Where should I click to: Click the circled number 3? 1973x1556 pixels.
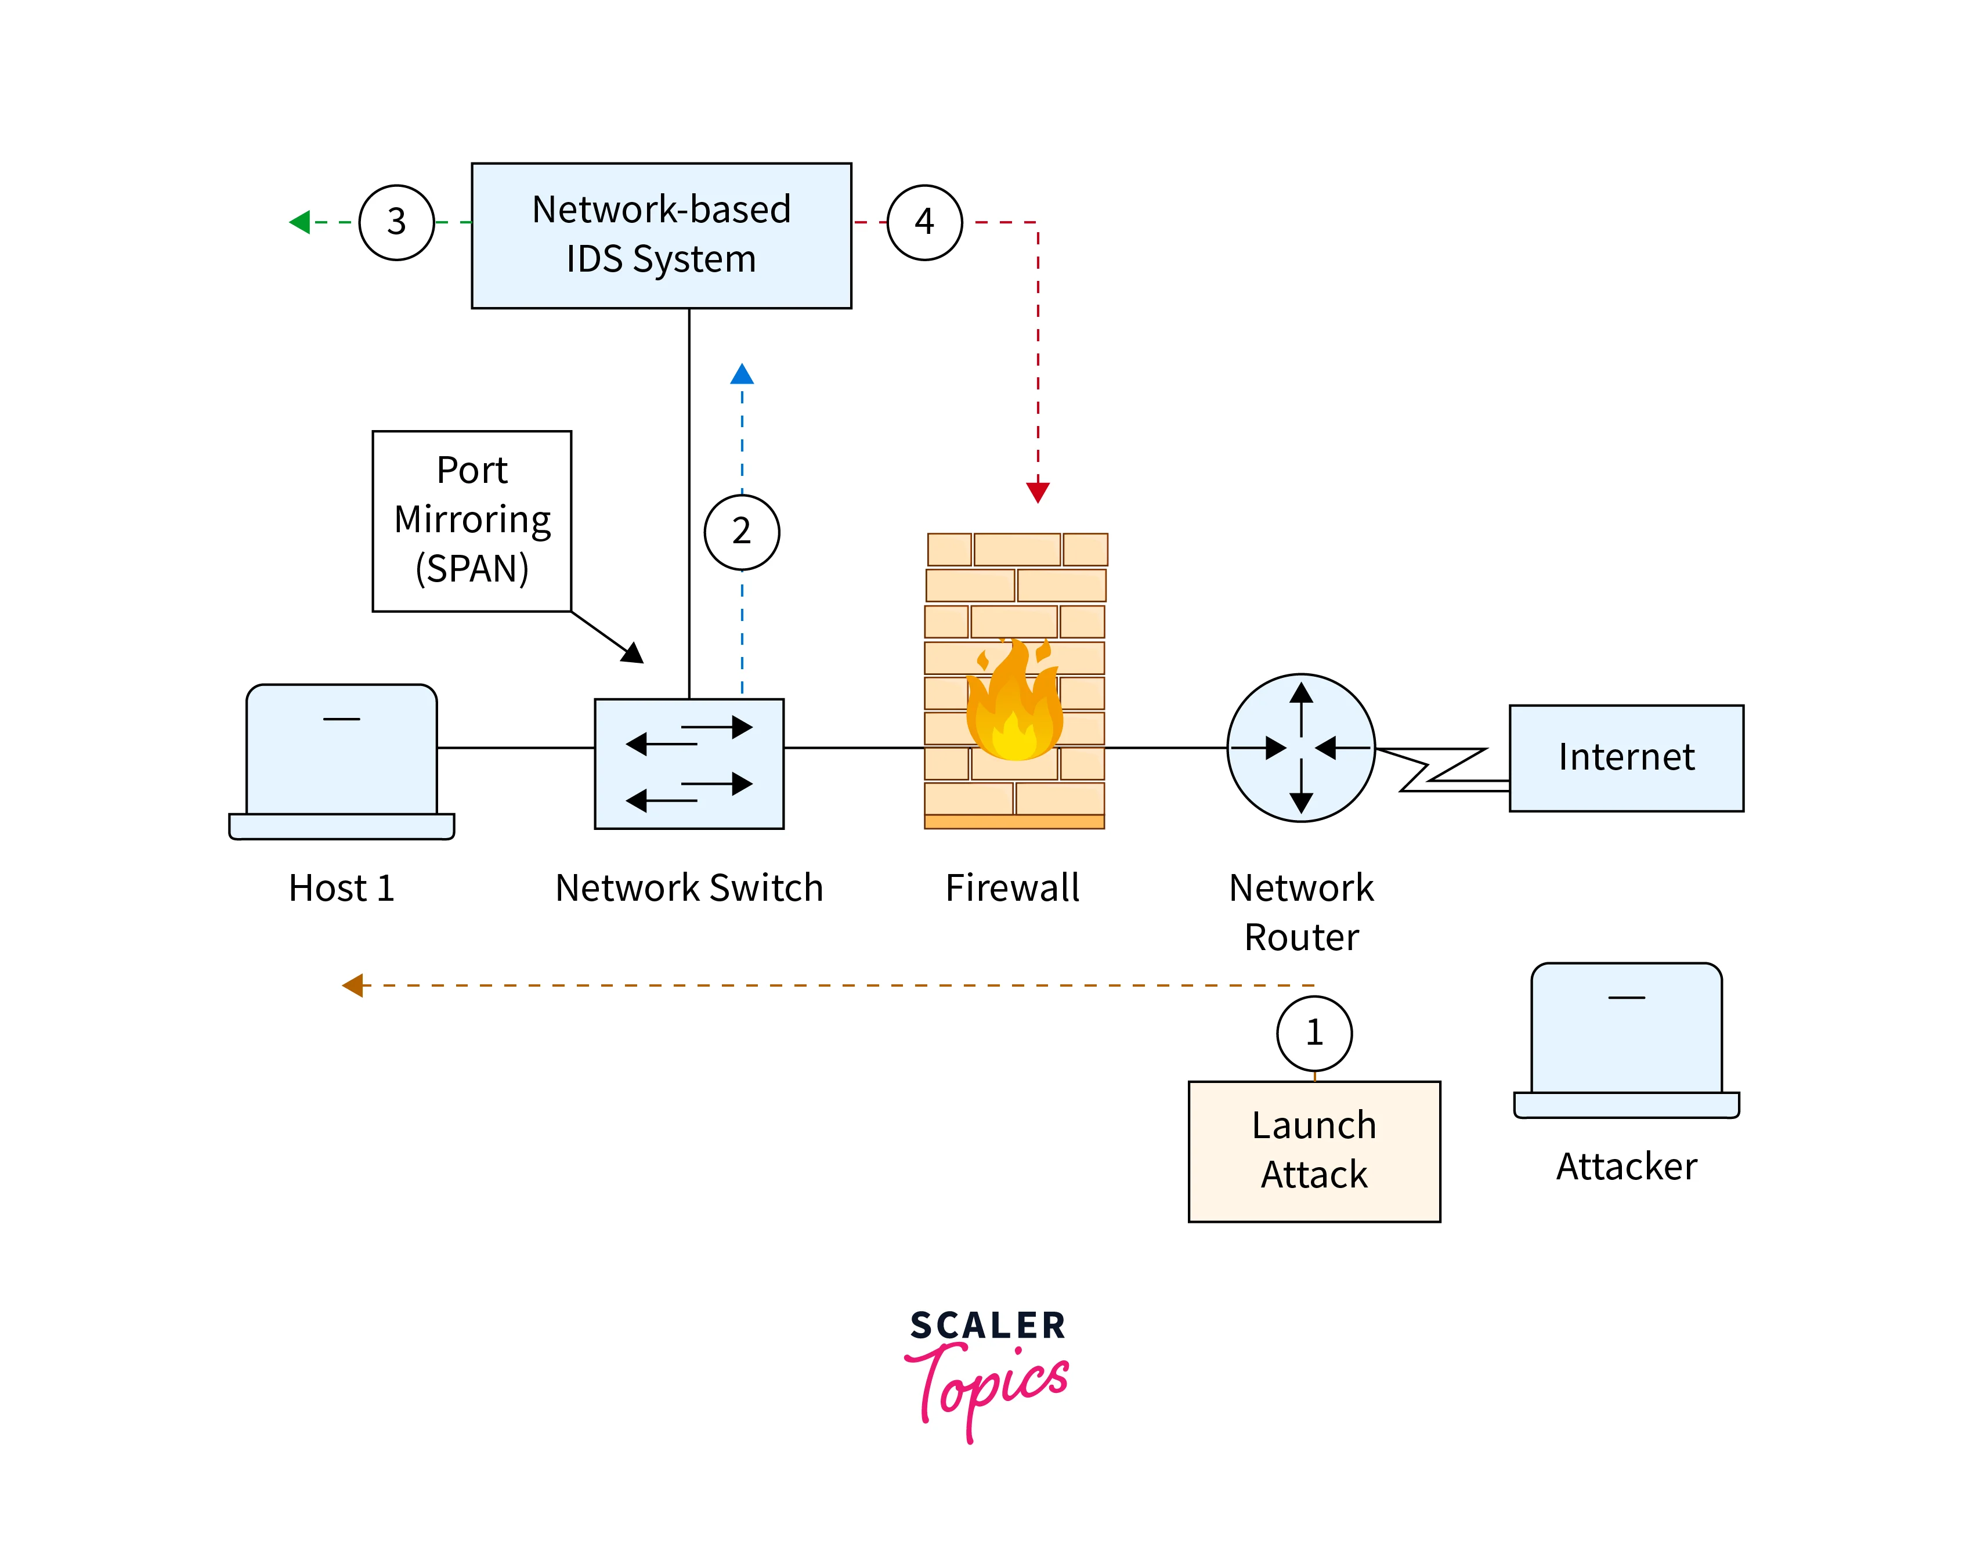(396, 222)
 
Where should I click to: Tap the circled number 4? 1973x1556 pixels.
(924, 222)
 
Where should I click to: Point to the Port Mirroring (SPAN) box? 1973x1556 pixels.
(472, 520)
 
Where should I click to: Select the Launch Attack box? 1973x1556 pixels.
(1314, 1150)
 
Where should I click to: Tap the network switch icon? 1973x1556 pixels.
(689, 763)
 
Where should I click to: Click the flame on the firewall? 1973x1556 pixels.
(1014, 706)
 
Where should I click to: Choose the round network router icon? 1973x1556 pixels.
(1301, 748)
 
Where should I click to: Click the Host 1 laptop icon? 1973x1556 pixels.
(342, 761)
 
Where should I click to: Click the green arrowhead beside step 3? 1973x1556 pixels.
(299, 222)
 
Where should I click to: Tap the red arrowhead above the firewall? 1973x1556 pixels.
(1038, 493)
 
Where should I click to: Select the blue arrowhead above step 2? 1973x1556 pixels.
(742, 374)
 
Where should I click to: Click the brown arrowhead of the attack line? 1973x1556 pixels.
(352, 985)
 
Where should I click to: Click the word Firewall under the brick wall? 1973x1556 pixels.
(1012, 887)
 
